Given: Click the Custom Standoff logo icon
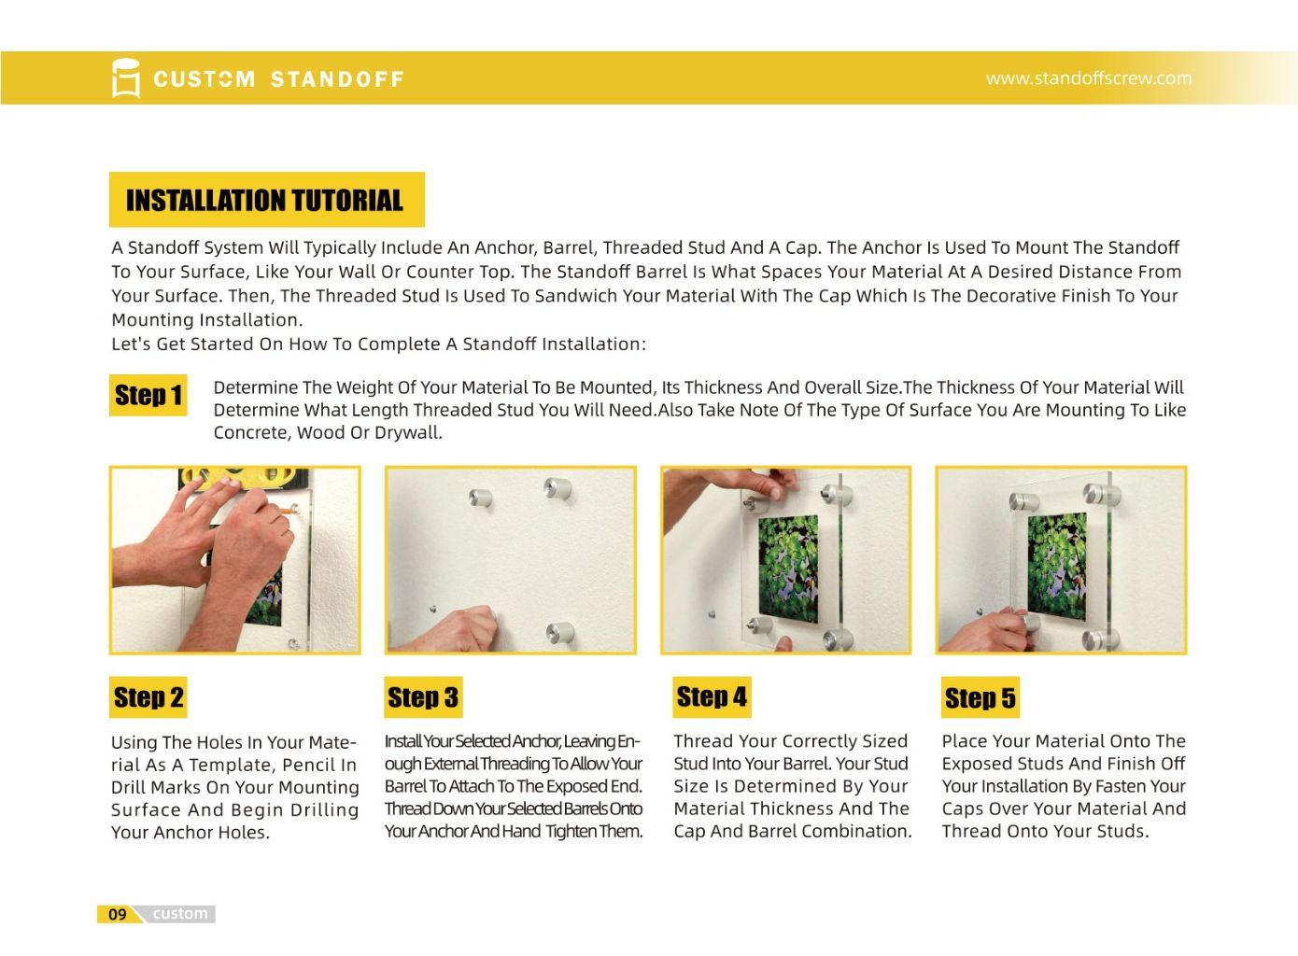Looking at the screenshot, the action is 126,77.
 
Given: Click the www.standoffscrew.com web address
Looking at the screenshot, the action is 1089,78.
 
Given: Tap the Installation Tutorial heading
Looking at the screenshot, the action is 264,201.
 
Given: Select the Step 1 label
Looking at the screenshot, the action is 148,395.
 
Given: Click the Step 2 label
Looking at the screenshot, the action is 148,697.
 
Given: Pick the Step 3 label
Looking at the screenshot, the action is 423,697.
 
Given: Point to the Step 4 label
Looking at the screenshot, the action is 712,696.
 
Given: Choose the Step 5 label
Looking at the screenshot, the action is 980,697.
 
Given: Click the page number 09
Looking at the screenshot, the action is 118,914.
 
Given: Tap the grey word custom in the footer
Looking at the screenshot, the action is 180,914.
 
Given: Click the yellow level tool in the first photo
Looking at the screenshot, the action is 244,479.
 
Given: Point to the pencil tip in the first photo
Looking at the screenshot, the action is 292,511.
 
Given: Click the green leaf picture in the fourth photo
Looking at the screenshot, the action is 1057,567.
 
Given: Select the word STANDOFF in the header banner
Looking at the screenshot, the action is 337,79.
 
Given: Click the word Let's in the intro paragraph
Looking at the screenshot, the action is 131,344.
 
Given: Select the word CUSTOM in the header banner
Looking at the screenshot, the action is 204,79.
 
